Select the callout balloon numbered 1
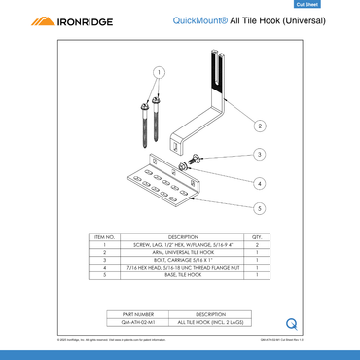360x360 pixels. pyautogui.click(x=159, y=71)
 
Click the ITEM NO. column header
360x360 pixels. pyautogui.click(x=105, y=236)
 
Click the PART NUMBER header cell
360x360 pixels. pyautogui.click(x=137, y=314)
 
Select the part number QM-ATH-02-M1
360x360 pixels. pyautogui.click(x=137, y=322)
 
